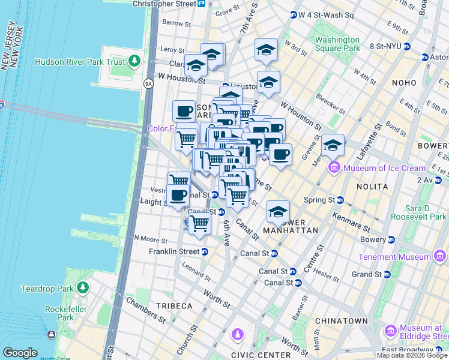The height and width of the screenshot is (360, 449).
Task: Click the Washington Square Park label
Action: pos(337,44)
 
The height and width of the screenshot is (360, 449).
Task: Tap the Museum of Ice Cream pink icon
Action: pos(334,168)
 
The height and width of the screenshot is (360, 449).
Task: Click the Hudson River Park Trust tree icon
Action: pos(135,61)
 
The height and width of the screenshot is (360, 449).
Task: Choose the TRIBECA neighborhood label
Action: pos(174,306)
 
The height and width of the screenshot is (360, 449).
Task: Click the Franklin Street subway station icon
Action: pos(205,251)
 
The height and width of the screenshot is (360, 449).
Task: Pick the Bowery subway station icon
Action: pos(391,239)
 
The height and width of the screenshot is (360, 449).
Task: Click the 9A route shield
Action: pos(148,83)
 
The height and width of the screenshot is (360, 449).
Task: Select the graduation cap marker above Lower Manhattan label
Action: pos(278,211)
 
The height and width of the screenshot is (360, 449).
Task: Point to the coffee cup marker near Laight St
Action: pos(178,194)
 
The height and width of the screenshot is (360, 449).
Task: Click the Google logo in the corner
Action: pos(19,353)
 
